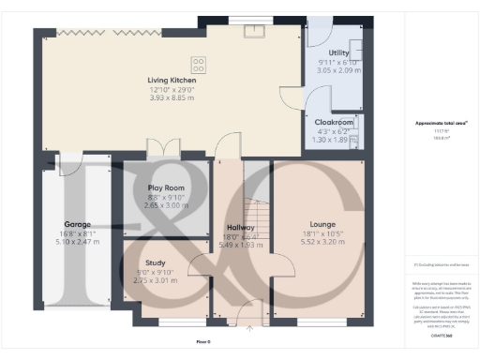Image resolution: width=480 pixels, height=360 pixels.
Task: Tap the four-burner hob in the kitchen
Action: pyautogui.click(x=199, y=65)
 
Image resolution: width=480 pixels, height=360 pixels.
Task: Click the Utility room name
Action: pyautogui.click(x=338, y=53)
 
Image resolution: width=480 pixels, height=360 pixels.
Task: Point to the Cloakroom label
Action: pyautogui.click(x=333, y=122)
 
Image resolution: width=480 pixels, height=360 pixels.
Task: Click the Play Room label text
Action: pyautogui.click(x=165, y=187)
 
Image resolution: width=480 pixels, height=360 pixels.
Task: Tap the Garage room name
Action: pyautogui.click(x=78, y=225)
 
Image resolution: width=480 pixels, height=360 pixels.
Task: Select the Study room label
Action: pyautogui.click(x=156, y=263)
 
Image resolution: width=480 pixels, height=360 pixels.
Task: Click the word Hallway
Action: pyautogui.click(x=240, y=228)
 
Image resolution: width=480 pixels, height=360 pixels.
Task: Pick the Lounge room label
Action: pyautogui.click(x=318, y=224)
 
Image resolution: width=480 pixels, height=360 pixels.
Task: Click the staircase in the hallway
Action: pyautogui.click(x=253, y=202)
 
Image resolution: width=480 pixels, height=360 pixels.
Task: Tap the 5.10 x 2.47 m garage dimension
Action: pyautogui.click(x=78, y=242)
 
